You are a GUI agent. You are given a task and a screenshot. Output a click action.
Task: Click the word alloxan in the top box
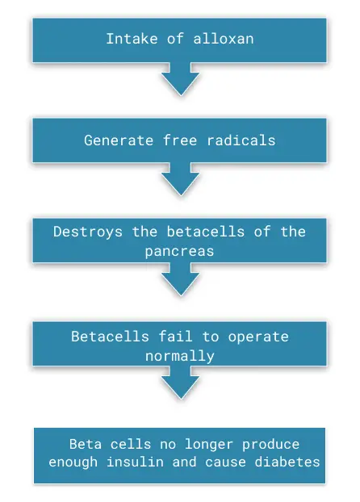[224, 39]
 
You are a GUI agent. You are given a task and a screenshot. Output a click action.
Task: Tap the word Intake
[132, 39]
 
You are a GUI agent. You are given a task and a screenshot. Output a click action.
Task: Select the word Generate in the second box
[119, 140]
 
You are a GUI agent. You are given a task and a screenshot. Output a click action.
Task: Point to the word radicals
[241, 140]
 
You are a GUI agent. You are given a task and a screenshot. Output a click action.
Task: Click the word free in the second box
[180, 140]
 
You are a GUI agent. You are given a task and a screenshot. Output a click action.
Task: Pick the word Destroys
[88, 232]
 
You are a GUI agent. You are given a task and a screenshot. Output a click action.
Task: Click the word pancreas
[179, 252]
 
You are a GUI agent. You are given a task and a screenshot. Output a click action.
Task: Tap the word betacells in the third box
[206, 232]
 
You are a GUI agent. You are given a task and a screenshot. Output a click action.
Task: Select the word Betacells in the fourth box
[110, 337]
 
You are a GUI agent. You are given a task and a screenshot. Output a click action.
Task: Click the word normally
[180, 357]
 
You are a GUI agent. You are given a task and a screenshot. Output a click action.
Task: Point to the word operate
[258, 337]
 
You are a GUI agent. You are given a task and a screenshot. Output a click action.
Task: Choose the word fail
[175, 337]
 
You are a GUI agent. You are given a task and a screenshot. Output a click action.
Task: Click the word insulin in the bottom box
[135, 462]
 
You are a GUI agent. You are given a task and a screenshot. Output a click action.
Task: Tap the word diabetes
[287, 462]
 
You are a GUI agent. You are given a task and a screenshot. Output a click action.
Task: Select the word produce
[270, 445]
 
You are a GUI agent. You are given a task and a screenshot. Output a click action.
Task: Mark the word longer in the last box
[209, 445]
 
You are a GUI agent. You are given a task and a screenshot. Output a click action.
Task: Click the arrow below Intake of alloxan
[181, 79]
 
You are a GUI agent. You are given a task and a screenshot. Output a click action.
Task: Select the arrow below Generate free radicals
[181, 178]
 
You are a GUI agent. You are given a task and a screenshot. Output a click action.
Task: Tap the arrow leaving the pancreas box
[181, 279]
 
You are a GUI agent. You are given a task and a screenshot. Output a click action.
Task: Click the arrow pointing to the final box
[181, 383]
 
